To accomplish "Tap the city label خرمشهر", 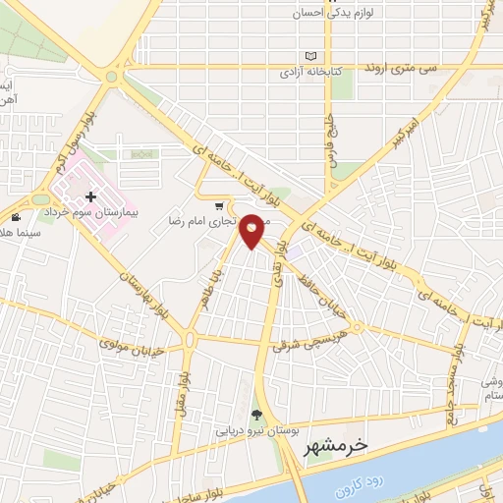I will coord(334,445).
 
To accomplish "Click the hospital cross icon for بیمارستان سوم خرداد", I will coord(90,198).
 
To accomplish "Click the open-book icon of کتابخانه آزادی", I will coord(311,56).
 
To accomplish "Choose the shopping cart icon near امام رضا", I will coord(219,206).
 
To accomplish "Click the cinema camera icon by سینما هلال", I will coord(15,216).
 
